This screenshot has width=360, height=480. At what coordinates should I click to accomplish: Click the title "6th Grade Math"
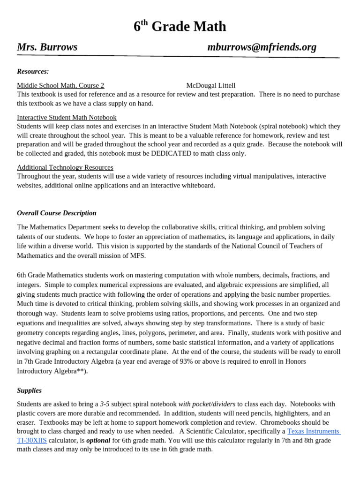(180, 27)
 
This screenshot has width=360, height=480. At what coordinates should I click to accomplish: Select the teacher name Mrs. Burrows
(47, 47)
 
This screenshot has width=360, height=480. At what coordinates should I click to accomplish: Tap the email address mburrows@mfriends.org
(262, 47)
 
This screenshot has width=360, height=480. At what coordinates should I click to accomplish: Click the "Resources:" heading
(33, 71)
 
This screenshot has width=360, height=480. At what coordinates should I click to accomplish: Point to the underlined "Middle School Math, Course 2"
(60, 85)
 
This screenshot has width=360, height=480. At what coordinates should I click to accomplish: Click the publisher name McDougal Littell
(210, 85)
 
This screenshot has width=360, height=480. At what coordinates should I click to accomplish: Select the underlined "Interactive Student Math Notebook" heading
(67, 117)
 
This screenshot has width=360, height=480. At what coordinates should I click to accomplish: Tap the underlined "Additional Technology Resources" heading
(65, 167)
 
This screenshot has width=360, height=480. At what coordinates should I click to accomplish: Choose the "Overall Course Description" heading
(57, 213)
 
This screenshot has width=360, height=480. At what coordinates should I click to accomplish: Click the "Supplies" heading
(29, 390)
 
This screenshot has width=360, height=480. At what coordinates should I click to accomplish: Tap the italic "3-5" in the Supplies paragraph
(105, 404)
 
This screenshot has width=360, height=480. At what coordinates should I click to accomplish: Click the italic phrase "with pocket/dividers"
(207, 404)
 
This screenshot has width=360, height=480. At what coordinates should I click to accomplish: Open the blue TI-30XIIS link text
(32, 440)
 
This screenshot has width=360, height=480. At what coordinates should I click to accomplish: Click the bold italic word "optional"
(98, 440)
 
